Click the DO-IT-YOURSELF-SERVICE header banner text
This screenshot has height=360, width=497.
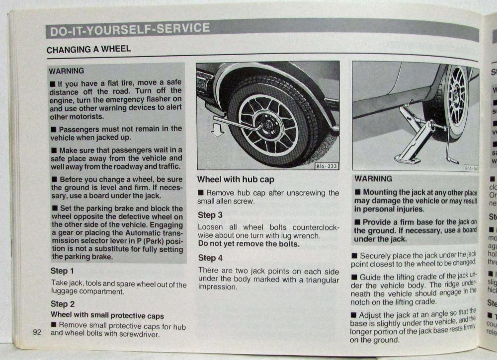tap(129, 30)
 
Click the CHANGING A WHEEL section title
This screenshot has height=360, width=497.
tap(88, 50)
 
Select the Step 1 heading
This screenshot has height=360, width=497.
tap(62, 271)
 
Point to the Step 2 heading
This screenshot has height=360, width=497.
tap(63, 304)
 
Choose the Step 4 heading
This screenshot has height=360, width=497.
tap(210, 258)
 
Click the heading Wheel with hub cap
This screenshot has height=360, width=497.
tap(236, 179)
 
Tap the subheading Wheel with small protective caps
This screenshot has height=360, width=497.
tap(107, 315)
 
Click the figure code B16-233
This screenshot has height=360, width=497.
tap(327, 166)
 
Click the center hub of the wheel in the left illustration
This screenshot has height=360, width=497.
tap(268, 124)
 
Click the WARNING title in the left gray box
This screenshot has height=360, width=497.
tap(67, 71)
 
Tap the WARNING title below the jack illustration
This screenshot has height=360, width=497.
tap(373, 179)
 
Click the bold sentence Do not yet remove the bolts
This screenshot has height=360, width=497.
tap(248, 244)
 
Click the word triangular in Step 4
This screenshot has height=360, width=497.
tap(318, 280)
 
